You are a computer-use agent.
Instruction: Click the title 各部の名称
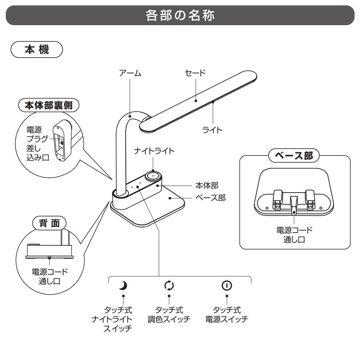pos(180,15)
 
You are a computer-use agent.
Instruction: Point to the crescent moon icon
pos(123,286)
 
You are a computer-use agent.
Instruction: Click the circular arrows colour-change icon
pos(169,286)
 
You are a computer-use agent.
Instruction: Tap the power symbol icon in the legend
pos(226,286)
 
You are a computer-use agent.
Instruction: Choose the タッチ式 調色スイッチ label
pos(169,315)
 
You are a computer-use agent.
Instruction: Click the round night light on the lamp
pos(153,176)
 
